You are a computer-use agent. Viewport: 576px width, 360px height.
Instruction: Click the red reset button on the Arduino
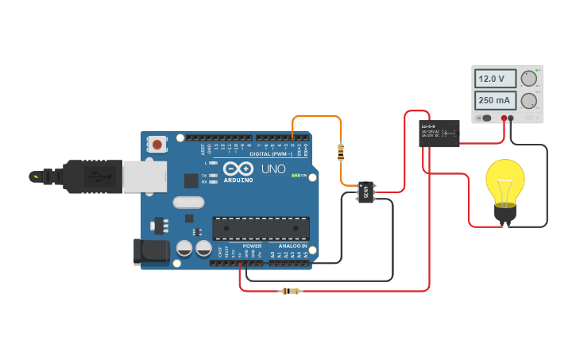pos(157,145)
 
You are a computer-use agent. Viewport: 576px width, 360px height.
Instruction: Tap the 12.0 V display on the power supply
pos(495,79)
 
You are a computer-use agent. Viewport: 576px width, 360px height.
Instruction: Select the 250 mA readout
pos(495,100)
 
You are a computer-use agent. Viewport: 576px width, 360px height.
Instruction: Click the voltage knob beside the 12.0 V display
pos(528,79)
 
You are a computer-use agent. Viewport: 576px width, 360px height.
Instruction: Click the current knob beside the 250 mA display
pos(528,100)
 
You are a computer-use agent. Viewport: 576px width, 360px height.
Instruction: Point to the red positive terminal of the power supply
pos(504,118)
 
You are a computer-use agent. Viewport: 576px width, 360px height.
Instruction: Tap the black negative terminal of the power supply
pos(511,118)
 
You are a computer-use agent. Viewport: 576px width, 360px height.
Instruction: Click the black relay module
pos(439,133)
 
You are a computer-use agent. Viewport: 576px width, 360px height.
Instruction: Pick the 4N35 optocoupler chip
pos(366,192)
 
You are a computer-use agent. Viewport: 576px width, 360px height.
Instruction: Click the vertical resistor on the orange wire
pos(341,150)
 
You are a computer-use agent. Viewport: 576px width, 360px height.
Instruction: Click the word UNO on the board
pos(273,168)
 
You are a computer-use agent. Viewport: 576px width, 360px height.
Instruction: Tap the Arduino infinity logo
pos(238,168)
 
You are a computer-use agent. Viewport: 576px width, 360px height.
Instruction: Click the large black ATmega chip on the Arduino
pos(261,228)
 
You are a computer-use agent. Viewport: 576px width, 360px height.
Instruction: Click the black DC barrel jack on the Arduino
pos(152,252)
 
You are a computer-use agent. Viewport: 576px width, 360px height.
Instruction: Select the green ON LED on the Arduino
pos(295,176)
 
